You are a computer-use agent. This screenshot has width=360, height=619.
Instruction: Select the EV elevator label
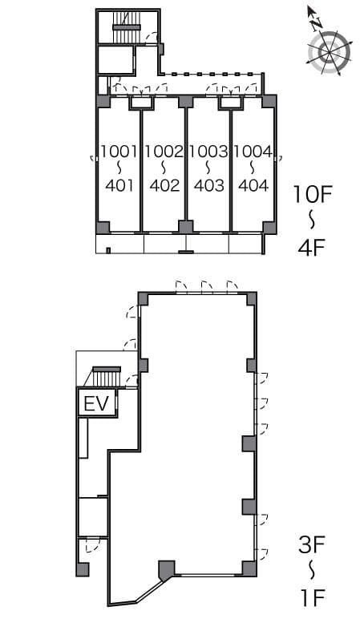coord(97,403)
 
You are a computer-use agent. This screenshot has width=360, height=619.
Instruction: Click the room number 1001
coord(119,151)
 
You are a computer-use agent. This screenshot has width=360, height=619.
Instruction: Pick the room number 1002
coord(164,151)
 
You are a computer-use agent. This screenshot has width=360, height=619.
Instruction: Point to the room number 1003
coord(208,151)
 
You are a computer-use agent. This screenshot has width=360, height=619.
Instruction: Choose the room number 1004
coord(253,151)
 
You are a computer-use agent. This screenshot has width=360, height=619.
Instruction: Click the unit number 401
coord(119,185)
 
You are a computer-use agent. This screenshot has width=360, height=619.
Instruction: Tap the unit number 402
coord(164,185)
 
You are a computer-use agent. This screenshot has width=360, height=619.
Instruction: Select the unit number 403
coord(208,185)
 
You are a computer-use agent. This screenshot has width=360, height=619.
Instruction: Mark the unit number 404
coord(253,185)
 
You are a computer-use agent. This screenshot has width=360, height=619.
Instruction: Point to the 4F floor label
coord(311,246)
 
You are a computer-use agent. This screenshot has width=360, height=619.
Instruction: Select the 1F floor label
coord(312,597)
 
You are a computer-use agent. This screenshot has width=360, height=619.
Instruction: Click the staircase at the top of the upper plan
coord(125,27)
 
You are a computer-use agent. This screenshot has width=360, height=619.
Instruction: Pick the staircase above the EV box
coord(104,377)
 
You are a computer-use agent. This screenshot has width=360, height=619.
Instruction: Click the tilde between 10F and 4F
coord(312,220)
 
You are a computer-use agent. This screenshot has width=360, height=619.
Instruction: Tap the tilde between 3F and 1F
coord(312,571)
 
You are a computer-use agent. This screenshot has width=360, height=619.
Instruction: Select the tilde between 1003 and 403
coord(208,168)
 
